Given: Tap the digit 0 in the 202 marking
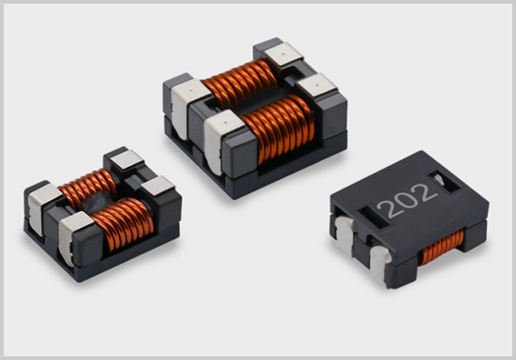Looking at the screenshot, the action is [x=408, y=200].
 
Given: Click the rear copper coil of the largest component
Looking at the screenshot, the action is [x=239, y=83].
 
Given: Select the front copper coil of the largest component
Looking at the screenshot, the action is [x=278, y=128].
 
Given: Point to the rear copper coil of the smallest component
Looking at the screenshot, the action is [x=89, y=188].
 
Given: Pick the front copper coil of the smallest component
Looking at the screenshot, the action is [x=122, y=223].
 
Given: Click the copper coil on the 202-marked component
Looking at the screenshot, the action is [x=443, y=247].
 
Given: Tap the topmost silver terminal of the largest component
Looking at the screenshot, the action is [x=283, y=54].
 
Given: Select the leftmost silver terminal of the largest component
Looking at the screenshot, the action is [x=185, y=106].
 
